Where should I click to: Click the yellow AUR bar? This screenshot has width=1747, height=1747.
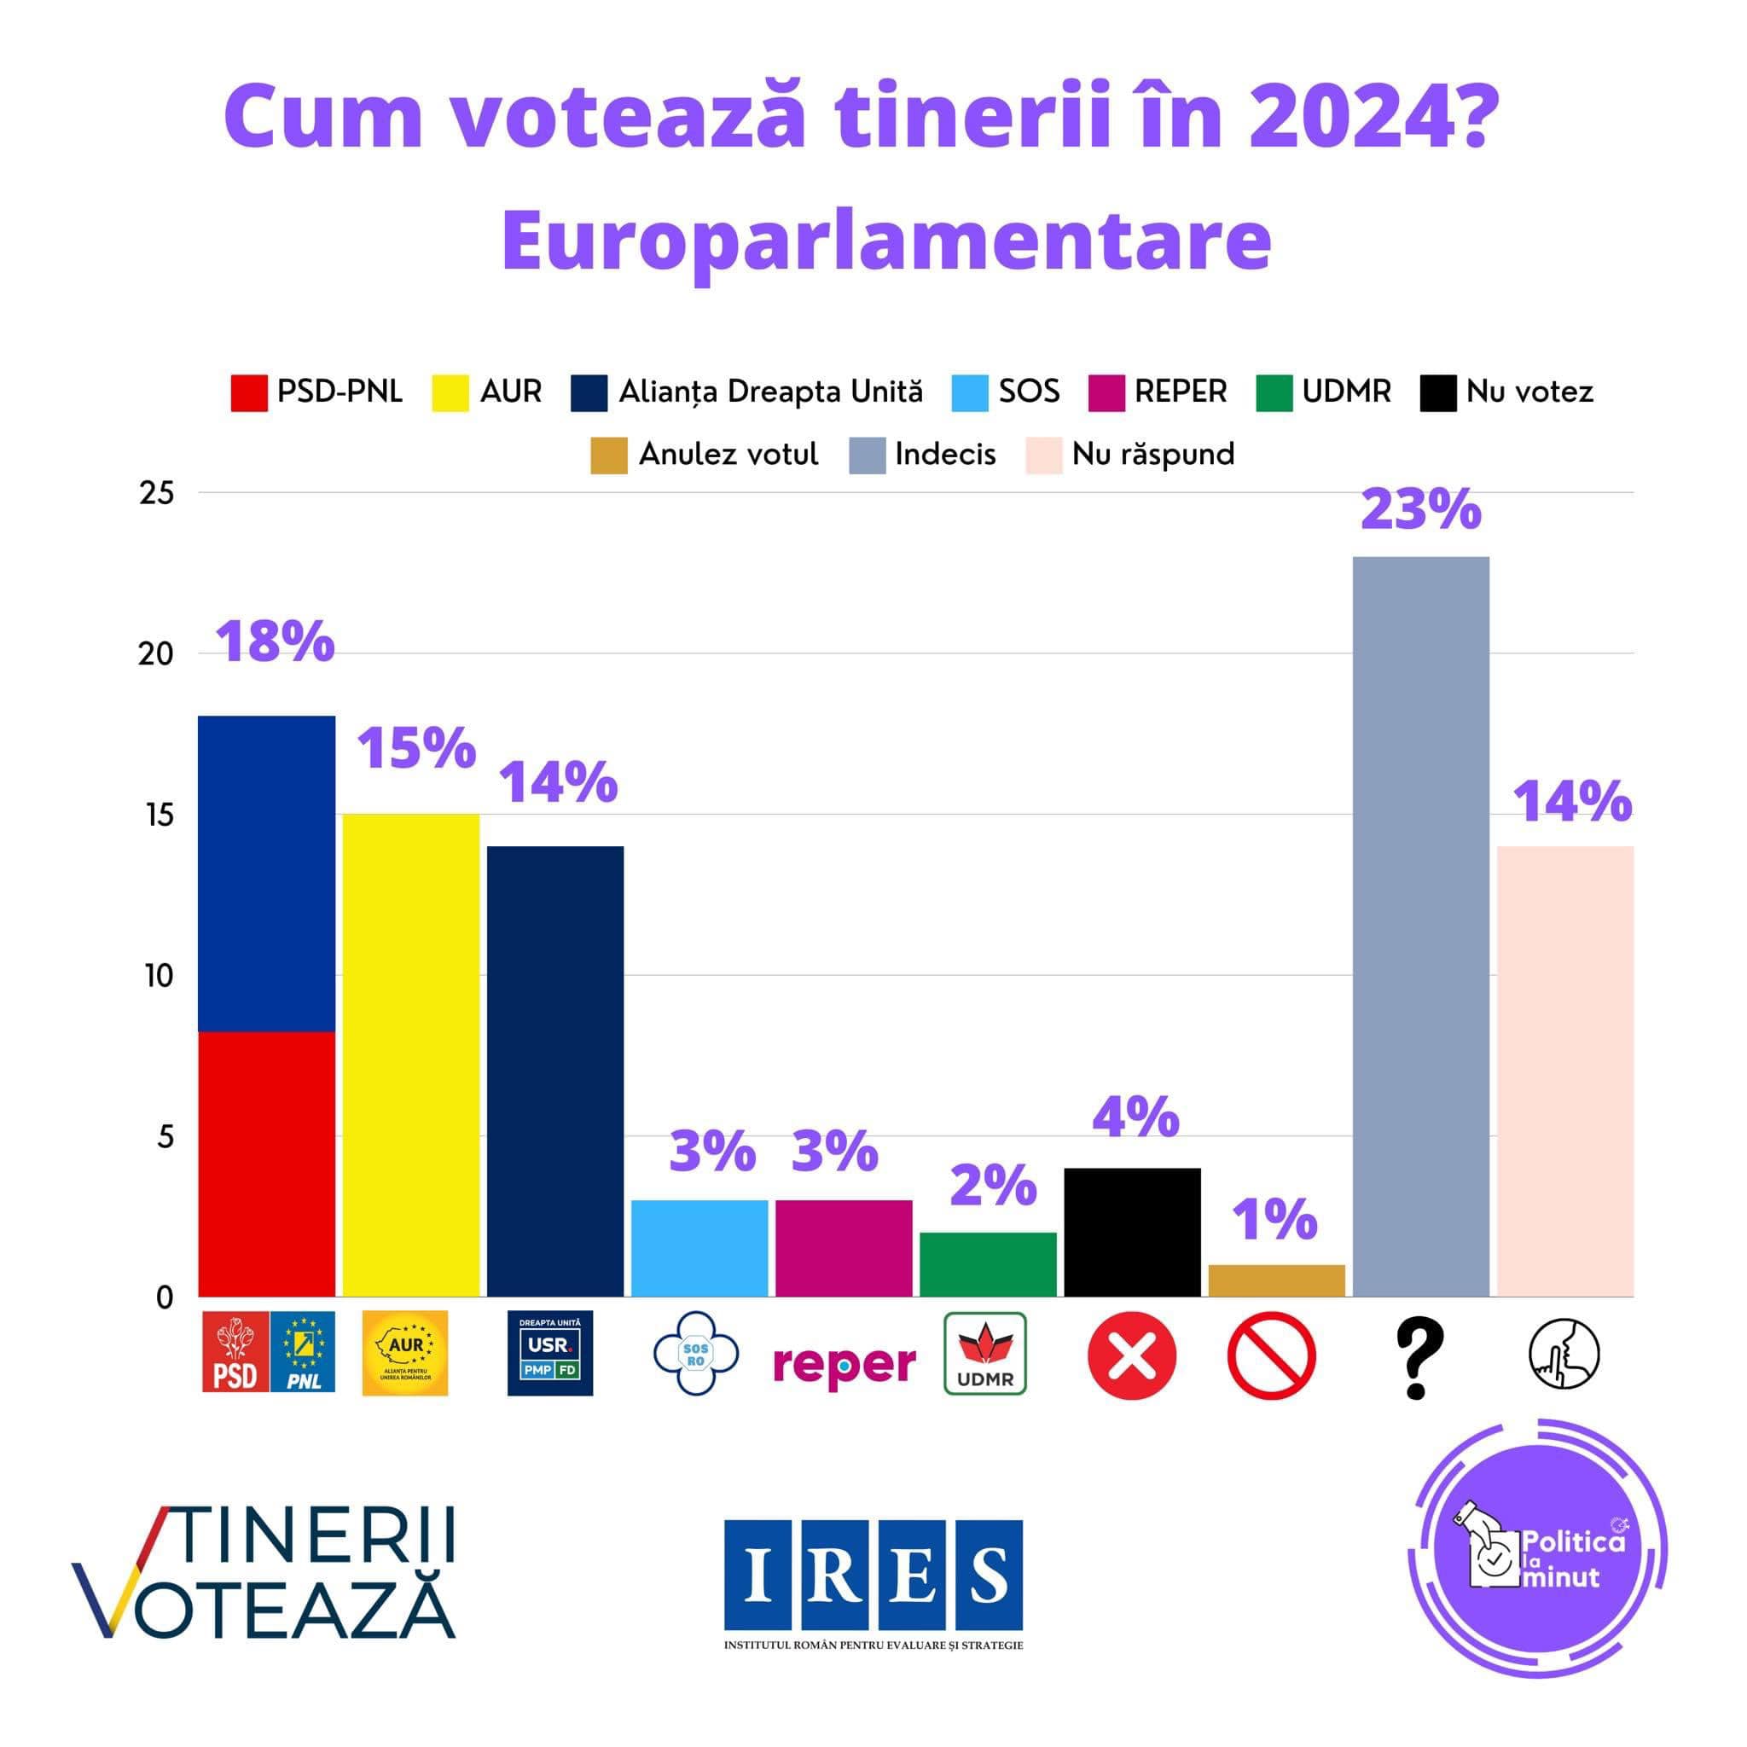click(x=410, y=1054)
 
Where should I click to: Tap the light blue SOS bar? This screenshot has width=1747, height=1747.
click(x=699, y=1248)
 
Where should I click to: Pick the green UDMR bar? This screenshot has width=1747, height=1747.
click(x=988, y=1264)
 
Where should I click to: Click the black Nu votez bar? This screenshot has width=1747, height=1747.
click(x=1132, y=1232)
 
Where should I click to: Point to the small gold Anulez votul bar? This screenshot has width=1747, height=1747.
click(x=1276, y=1280)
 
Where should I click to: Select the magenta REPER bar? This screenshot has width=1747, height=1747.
click(x=844, y=1248)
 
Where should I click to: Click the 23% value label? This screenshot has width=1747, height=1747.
click(x=1420, y=510)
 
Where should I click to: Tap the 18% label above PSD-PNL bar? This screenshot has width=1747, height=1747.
click(x=275, y=642)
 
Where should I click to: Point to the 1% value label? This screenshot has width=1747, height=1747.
click(x=1275, y=1221)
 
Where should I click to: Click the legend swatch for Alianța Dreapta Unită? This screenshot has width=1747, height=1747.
click(x=589, y=393)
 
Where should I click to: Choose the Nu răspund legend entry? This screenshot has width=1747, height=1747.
click(x=1130, y=455)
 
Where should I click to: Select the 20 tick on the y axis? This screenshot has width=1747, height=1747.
click(x=155, y=653)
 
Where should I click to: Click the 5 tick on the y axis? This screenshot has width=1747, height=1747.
click(x=165, y=1136)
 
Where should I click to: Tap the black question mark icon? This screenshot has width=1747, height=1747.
click(x=1419, y=1357)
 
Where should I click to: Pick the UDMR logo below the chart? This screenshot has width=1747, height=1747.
click(x=984, y=1354)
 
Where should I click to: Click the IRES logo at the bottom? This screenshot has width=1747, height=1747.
click(x=873, y=1575)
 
